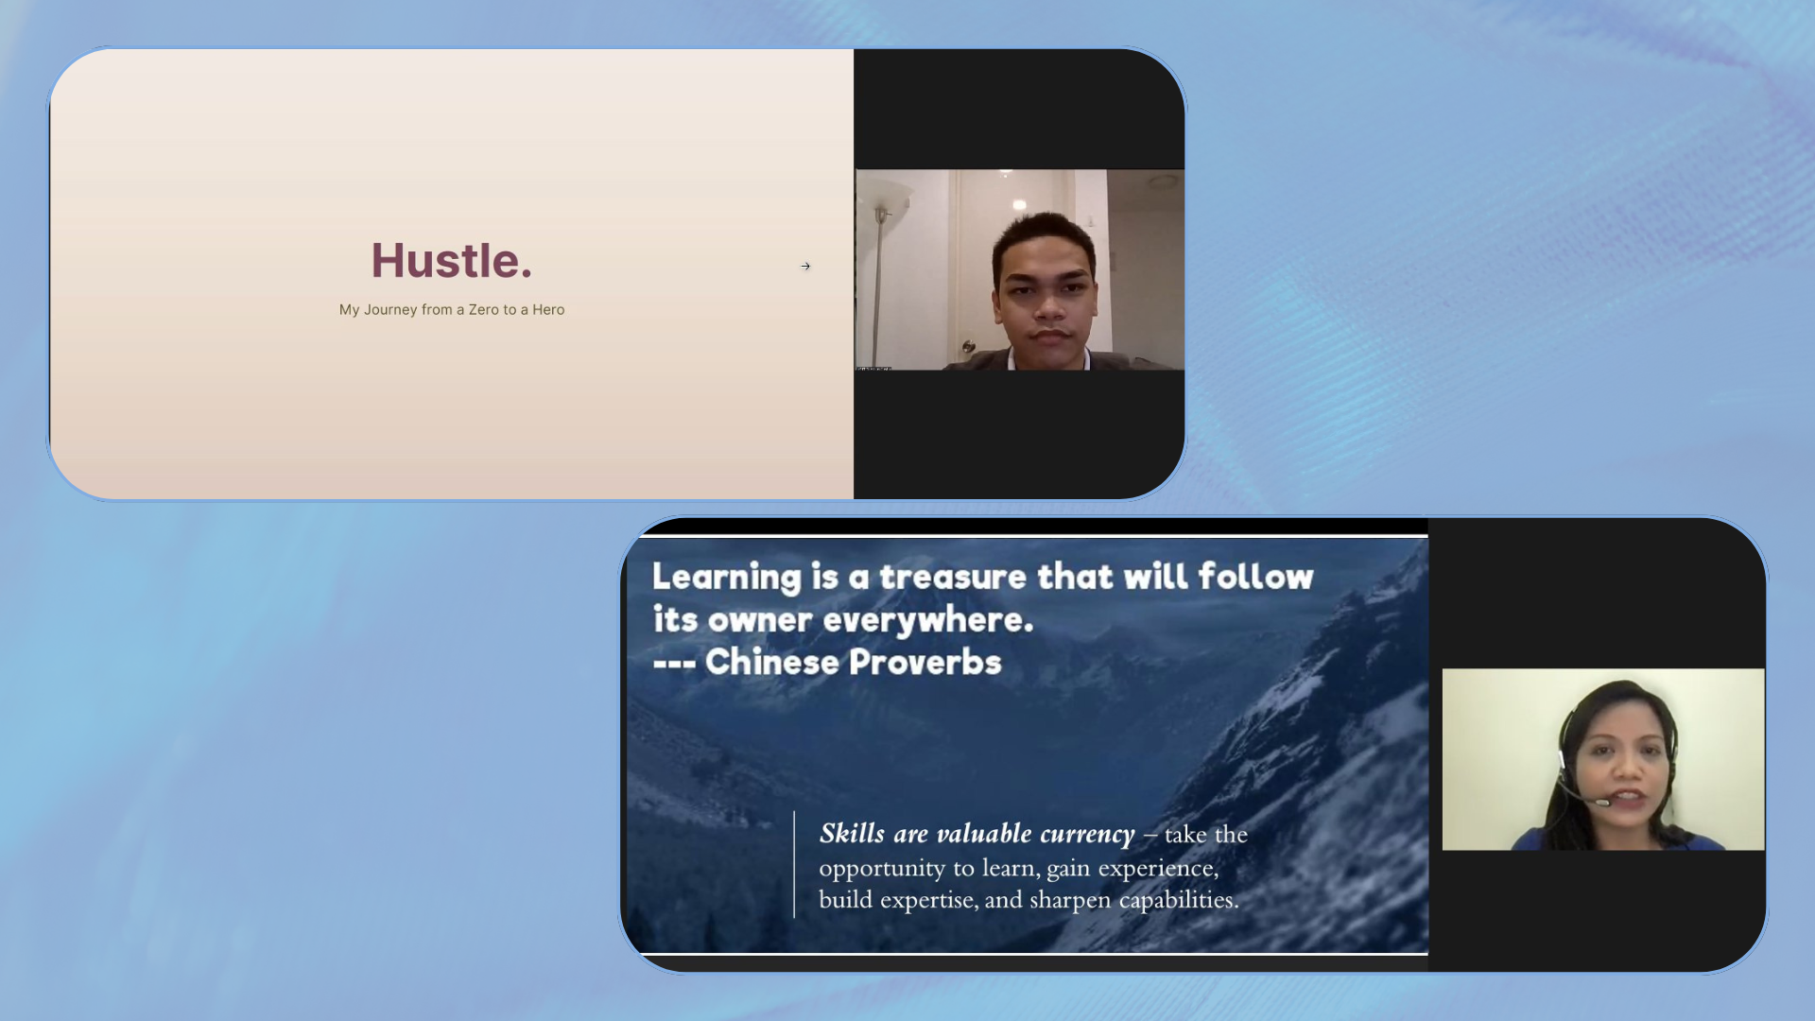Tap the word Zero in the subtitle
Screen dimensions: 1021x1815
coord(483,310)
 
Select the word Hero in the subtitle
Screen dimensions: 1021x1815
coord(548,310)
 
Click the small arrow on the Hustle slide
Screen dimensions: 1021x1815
coord(805,267)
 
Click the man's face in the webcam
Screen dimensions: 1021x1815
coord(1047,284)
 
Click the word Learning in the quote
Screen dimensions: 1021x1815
coord(726,577)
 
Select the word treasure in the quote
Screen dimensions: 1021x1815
coord(953,577)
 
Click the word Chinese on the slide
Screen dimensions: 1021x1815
coord(771,663)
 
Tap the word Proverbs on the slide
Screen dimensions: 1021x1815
coord(925,663)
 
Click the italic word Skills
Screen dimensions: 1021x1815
coord(852,834)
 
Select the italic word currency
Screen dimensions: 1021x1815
coord(1087,835)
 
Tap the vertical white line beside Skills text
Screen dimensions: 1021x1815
coord(794,864)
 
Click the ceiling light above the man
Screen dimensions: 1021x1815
coord(1019,204)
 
